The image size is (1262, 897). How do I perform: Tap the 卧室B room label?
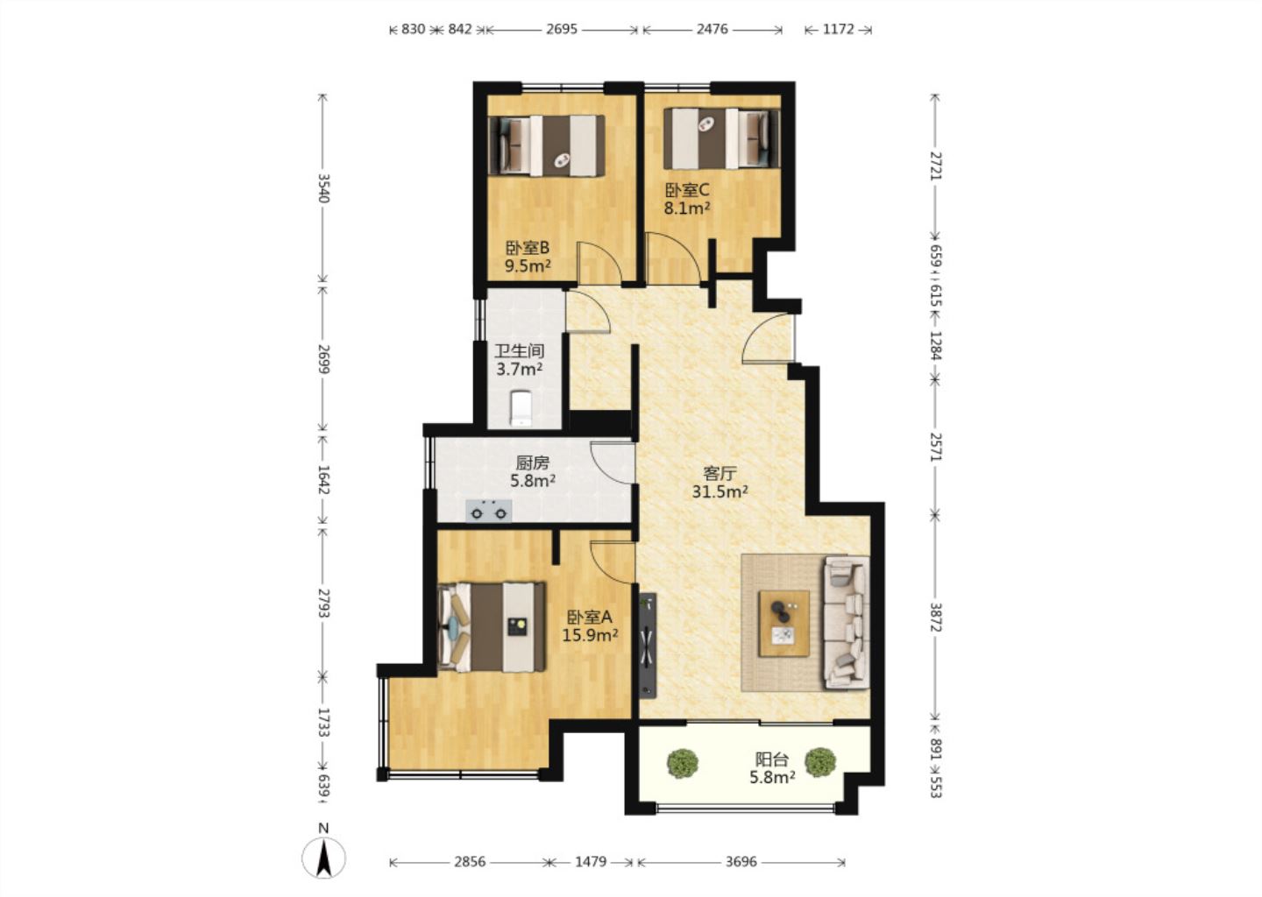click(528, 247)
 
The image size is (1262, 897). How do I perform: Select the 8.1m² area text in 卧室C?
click(686, 208)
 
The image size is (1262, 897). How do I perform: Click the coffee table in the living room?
click(783, 624)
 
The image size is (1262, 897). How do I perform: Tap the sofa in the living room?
click(847, 623)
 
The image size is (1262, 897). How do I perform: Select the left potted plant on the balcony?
click(682, 764)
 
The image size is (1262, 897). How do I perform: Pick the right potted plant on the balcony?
click(819, 762)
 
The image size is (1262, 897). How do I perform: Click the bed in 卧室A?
click(492, 627)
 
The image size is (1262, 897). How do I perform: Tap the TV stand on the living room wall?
click(648, 646)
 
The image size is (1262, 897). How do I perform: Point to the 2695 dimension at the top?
click(562, 29)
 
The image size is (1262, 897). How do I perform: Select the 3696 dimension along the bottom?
click(741, 862)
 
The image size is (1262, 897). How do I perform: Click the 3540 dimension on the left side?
click(323, 188)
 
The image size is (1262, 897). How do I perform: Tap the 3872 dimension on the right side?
click(935, 618)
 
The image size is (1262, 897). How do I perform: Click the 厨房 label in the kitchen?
click(533, 463)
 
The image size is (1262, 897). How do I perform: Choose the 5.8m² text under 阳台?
click(772, 778)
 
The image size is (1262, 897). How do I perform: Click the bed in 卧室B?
click(547, 145)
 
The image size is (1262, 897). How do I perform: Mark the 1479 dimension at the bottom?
click(591, 862)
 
